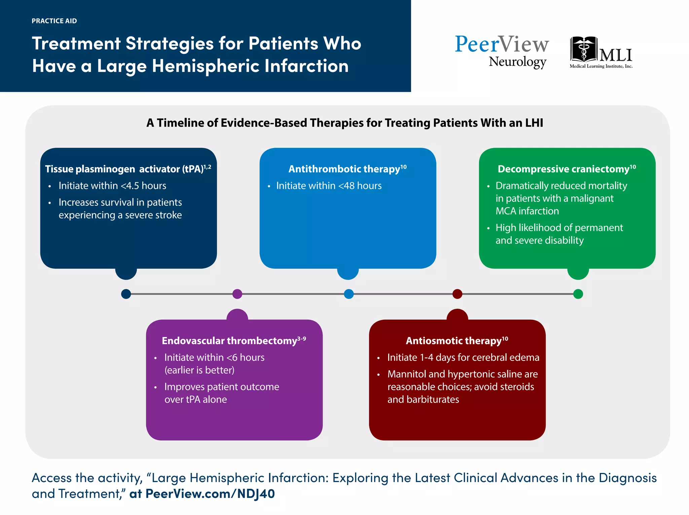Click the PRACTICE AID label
[x=54, y=21]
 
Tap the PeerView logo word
[x=501, y=44]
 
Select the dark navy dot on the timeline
[x=126, y=294]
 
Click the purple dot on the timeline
[x=237, y=294]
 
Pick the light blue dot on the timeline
[x=349, y=294]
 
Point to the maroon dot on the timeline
[x=457, y=294]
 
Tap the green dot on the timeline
[x=578, y=294]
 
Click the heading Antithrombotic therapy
[x=344, y=169]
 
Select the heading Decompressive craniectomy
[x=564, y=169]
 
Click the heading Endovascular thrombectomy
[x=229, y=341]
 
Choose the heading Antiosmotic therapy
[x=454, y=341]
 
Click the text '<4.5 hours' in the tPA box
[x=144, y=186]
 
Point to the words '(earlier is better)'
[x=199, y=370]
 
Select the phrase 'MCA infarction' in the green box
[x=527, y=211]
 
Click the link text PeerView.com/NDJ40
[x=210, y=494]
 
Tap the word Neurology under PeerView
[x=517, y=62]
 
